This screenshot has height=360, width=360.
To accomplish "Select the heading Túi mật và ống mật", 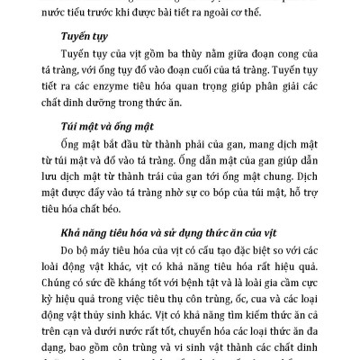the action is (106, 142).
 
